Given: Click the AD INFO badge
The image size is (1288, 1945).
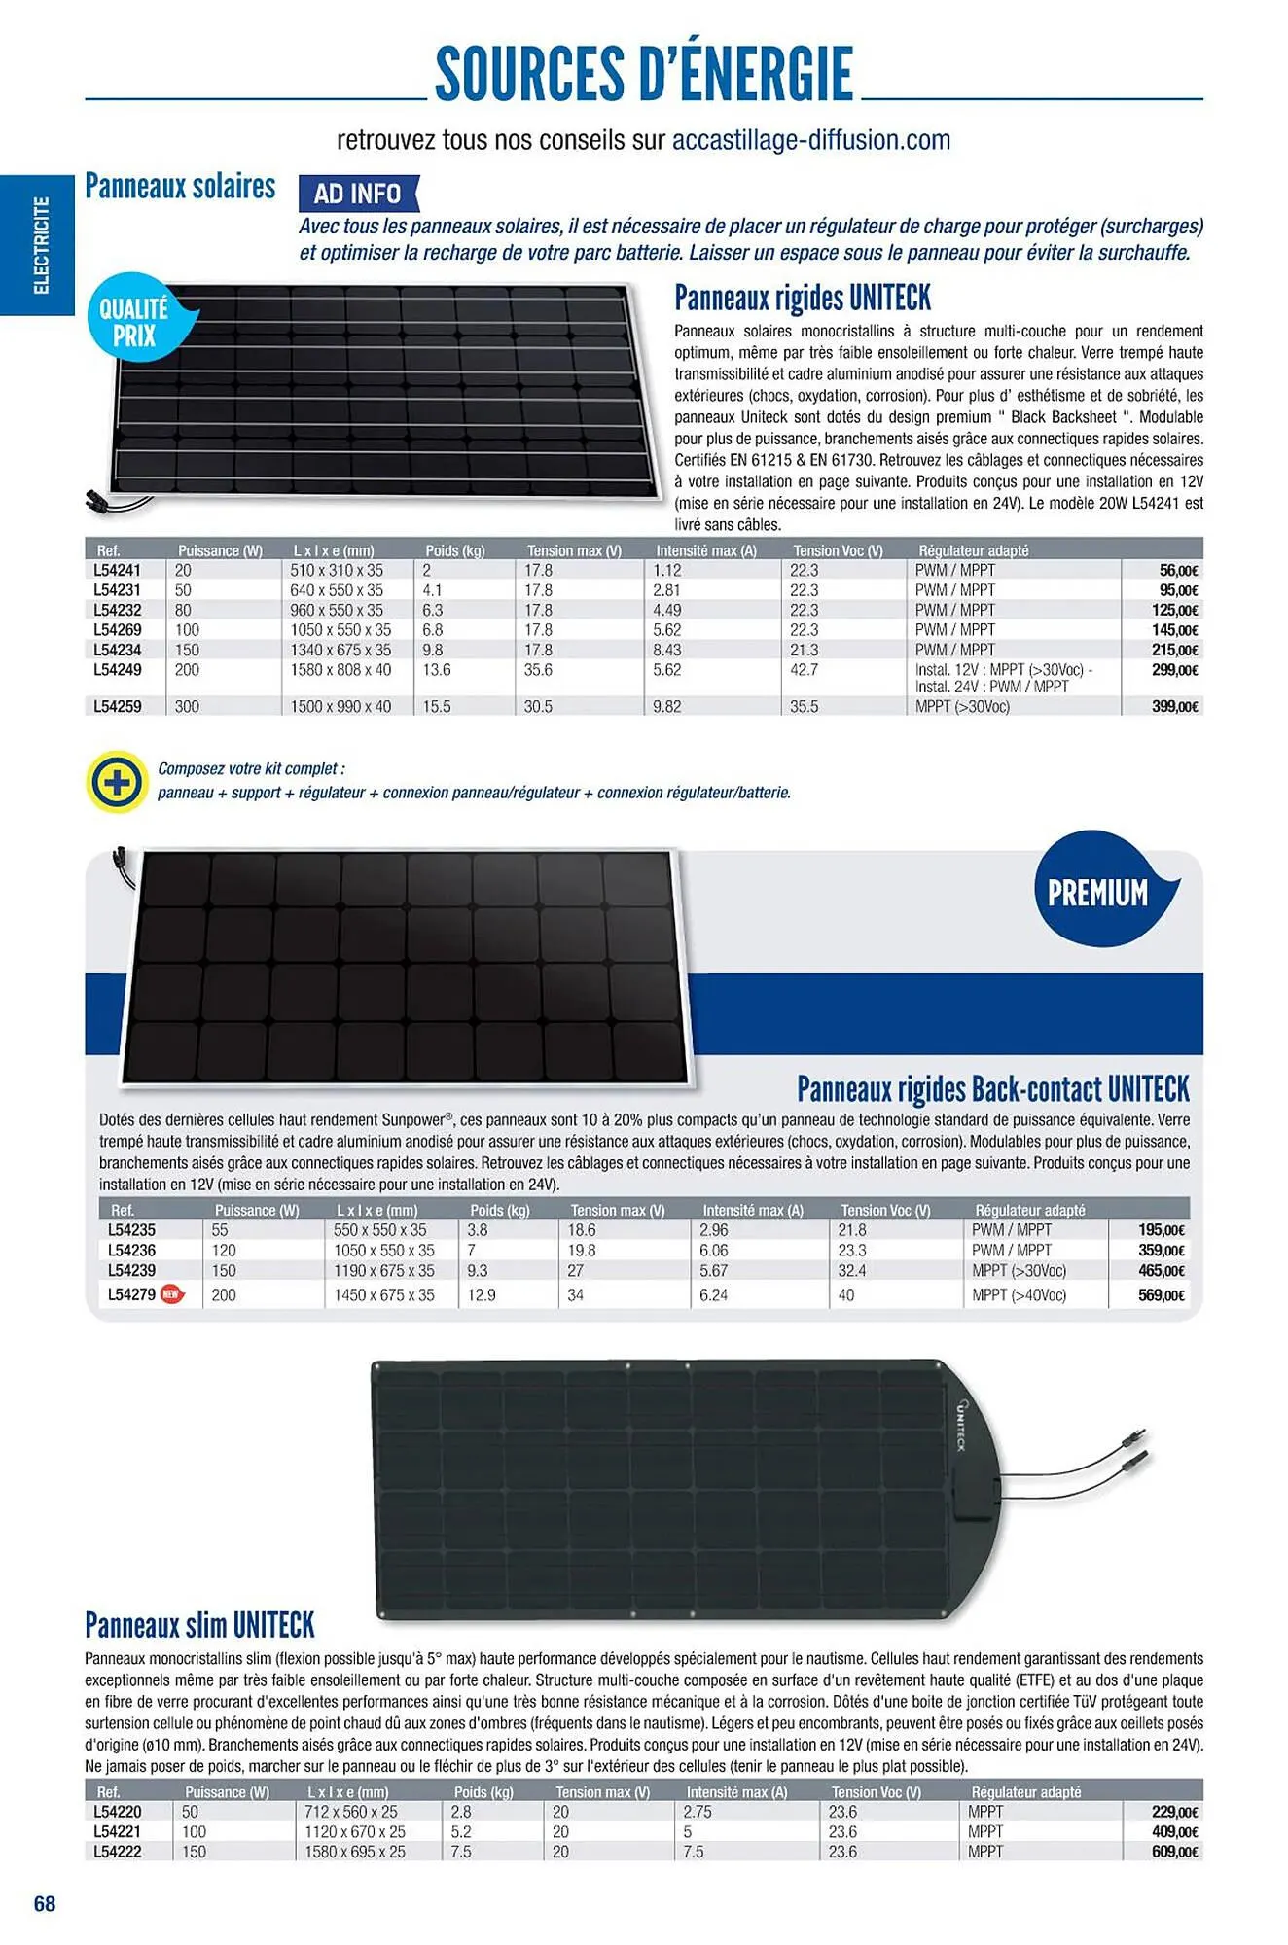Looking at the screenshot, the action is (x=358, y=194).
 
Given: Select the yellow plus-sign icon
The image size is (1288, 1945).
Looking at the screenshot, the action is (x=116, y=781).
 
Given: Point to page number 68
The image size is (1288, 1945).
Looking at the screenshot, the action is (x=45, y=1903).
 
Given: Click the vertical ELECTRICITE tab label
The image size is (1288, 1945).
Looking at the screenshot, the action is (x=41, y=245).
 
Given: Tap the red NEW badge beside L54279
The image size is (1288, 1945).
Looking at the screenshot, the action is (x=171, y=1294).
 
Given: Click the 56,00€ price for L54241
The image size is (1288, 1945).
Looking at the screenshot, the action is (x=1178, y=571).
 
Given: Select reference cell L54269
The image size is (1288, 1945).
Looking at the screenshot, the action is (x=118, y=630).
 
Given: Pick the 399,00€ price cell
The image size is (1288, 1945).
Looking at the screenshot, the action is (x=1174, y=707).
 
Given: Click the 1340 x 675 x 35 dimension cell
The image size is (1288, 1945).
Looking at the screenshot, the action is (x=340, y=650).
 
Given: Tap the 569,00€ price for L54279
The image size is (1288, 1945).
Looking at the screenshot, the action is (x=1162, y=1295).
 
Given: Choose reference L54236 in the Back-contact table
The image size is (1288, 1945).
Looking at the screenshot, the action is (x=131, y=1251).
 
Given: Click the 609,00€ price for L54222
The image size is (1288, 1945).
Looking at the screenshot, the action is (x=1174, y=1852).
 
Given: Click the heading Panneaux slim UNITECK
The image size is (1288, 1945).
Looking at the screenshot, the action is (x=199, y=1625).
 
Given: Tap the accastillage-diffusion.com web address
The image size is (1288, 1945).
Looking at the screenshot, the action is (x=811, y=140).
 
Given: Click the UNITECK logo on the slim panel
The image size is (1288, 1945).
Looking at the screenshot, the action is (x=960, y=1427).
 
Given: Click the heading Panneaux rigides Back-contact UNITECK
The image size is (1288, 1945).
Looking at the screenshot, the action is (x=992, y=1089).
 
